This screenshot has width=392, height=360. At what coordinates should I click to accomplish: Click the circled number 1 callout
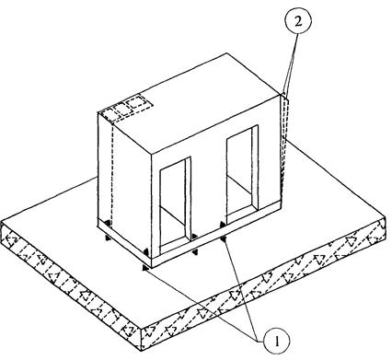coord(277,341)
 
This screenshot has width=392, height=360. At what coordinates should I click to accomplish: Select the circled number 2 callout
coord(298,21)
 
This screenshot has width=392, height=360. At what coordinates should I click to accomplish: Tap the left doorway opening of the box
coord(175,205)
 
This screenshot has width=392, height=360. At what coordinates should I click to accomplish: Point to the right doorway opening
coord(242,174)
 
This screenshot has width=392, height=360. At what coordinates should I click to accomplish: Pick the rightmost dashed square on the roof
coord(136,101)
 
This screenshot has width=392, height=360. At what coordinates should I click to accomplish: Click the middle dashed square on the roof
coord(121,109)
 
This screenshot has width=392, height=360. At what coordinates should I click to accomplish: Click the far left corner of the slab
coord(2,221)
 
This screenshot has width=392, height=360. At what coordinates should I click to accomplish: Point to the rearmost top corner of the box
coord(227,53)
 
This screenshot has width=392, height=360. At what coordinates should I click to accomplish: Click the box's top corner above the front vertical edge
coord(152,153)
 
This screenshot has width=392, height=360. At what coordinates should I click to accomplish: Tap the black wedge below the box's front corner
coord(144,268)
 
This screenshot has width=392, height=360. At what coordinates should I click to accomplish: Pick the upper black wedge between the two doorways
coord(194,237)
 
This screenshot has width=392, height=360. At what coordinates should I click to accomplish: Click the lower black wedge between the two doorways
coord(194,252)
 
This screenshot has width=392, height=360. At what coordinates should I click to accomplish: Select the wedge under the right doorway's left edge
coord(223,238)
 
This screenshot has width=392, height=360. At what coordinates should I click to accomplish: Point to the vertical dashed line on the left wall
coord(112,172)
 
